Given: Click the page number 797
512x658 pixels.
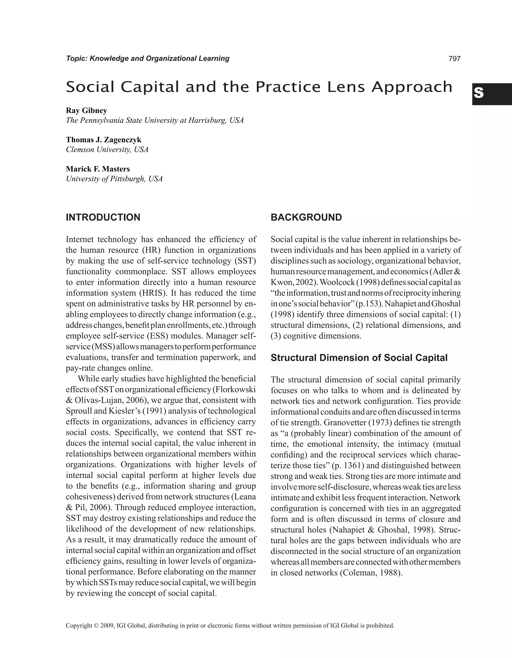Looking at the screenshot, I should coord(454,59).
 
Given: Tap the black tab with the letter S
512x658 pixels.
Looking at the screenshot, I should coord(491,94).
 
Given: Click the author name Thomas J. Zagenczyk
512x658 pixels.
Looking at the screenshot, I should coord(104,140).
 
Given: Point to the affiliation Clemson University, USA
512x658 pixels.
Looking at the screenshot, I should coord(107,150).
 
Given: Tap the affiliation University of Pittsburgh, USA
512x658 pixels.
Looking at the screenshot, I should coord(114,179).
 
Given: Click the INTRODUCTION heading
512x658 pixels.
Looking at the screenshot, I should coord(103,217).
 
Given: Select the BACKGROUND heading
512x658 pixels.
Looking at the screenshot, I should coord(306,217).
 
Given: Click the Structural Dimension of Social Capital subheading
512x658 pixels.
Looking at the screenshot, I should coord(359,358).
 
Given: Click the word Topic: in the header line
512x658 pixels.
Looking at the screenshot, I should coord(76,59).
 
